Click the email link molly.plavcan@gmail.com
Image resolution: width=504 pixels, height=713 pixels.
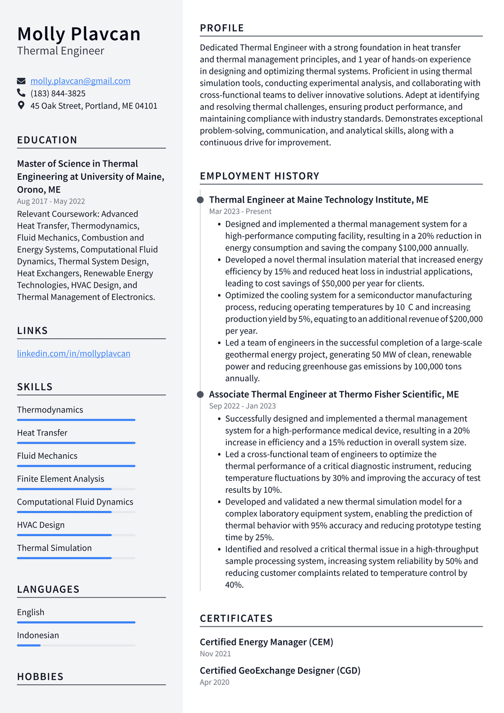pos(80,81)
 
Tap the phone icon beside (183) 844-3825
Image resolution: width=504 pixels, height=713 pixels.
pos(21,93)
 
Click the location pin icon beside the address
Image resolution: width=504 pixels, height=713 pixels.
pos(21,105)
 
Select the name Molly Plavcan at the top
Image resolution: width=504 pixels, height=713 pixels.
pos(79,34)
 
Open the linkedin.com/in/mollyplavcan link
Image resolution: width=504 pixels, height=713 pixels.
pos(73,353)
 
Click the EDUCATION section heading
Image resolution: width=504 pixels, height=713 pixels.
pos(47,140)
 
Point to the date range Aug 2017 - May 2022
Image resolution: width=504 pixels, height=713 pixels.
pos(51,201)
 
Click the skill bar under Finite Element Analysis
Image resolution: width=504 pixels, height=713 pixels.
pos(76,489)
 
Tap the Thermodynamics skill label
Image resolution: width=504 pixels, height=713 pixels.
pos(50,409)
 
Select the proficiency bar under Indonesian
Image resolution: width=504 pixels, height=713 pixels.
pos(76,645)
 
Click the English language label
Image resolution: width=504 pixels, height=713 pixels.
pos(31,612)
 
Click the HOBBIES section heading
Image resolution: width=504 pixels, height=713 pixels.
pos(40,677)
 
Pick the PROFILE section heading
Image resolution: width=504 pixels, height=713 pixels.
pos(222,28)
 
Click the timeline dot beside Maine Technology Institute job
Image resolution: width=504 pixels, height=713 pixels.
pos(200,200)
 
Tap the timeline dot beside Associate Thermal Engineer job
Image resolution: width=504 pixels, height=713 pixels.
pos(200,394)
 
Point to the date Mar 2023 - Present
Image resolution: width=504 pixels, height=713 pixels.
pos(240,211)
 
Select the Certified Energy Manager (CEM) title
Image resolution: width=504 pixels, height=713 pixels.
pos(266,642)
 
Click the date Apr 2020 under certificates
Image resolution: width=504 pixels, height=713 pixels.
pos(215,682)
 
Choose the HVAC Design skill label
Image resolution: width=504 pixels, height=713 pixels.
pos(41,525)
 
